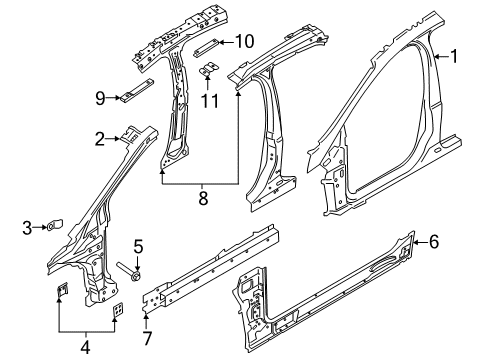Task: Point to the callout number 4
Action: (84, 347)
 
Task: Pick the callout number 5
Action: (139, 243)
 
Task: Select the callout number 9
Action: (101, 97)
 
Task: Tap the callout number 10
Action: (245, 41)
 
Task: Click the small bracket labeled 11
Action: (210, 70)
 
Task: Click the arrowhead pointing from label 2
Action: (119, 140)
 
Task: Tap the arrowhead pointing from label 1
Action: (436, 58)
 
